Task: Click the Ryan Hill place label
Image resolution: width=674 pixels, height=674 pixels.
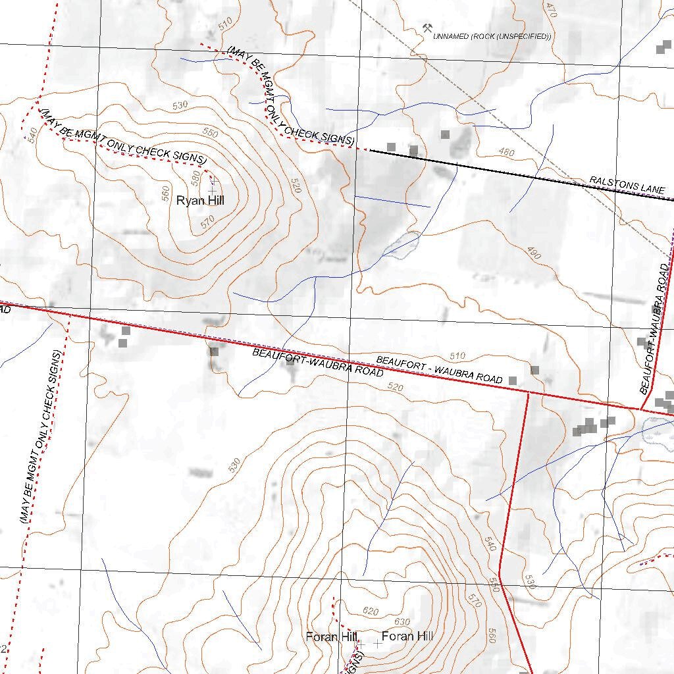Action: (x=200, y=200)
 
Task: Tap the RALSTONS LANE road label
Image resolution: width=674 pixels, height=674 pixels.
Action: (x=627, y=184)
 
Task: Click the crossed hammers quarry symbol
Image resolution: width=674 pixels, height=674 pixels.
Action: (x=428, y=28)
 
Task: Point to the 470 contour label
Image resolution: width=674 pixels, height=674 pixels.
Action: (x=552, y=9)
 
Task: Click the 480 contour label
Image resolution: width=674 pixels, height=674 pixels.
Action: (x=506, y=153)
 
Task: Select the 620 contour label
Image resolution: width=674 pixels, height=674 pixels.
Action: (x=371, y=611)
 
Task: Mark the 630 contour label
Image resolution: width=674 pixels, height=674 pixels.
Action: (x=402, y=621)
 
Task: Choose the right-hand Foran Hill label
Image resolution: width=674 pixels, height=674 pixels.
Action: (x=407, y=636)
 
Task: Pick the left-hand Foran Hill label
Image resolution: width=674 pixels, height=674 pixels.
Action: (x=331, y=636)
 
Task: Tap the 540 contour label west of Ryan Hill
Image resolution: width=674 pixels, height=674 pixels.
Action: (x=31, y=134)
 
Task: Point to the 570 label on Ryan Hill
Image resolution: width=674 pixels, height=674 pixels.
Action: (x=207, y=222)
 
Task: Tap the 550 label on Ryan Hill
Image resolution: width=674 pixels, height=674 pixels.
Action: (x=210, y=133)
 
